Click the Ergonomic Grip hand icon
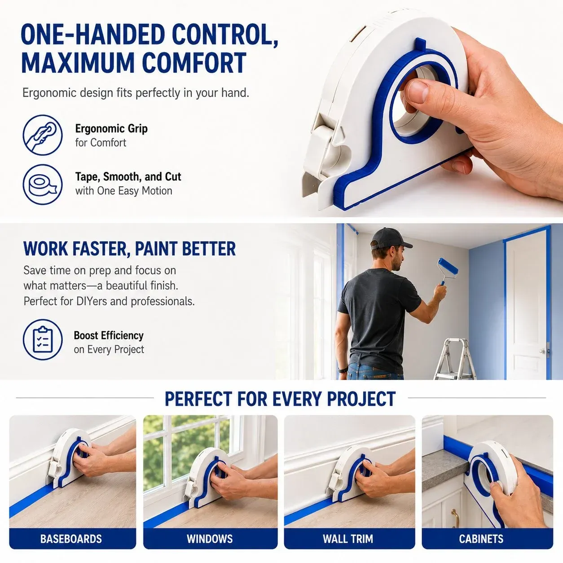coord(43,135)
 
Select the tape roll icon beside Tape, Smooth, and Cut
coord(43,185)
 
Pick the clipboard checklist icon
coord(43,339)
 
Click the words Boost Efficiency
coord(109,335)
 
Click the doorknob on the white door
coord(542,351)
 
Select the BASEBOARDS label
coord(71,539)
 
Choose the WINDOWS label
coord(210,539)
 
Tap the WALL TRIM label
coord(348,539)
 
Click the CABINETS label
coord(481,539)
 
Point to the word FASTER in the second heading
coord(100,249)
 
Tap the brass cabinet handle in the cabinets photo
coord(454,518)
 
